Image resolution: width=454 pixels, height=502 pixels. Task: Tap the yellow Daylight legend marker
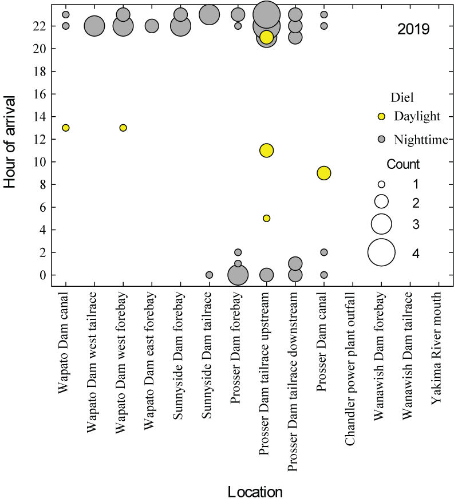pos(381,117)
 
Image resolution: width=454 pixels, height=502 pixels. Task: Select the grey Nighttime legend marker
pos(381,139)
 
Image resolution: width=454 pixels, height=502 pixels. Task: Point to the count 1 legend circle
pos(381,184)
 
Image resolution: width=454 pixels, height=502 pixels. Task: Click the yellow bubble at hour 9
pos(324,173)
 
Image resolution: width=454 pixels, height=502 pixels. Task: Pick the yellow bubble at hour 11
pos(266,151)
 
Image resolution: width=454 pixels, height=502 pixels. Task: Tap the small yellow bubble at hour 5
pos(266,218)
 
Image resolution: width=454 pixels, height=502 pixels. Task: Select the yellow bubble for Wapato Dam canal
pos(66,128)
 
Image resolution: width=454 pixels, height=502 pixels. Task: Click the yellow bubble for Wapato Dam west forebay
pos(123,128)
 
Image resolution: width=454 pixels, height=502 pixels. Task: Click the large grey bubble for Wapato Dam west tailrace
pos(94,26)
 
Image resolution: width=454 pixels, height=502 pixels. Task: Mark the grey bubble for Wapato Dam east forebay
pos(152,26)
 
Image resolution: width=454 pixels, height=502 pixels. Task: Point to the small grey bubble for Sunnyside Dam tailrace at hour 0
pos(209,275)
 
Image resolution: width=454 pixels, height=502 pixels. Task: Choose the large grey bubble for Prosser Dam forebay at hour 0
pos(238,275)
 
